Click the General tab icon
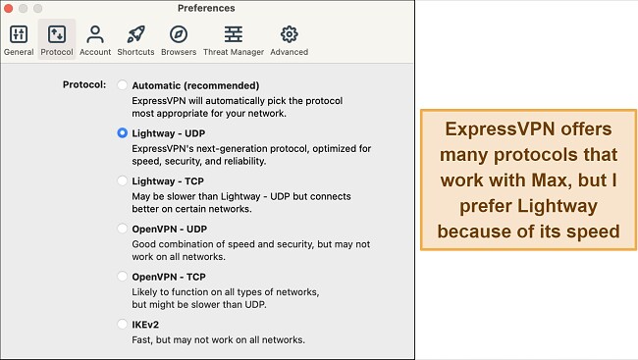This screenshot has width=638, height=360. point(18,35)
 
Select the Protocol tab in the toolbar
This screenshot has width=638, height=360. point(57,35)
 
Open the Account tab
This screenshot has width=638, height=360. point(95,35)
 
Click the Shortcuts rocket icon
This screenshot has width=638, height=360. point(135,35)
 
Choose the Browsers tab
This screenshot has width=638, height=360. point(179,35)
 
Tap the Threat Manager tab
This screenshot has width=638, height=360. point(233,35)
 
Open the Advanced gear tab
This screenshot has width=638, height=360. point(289,35)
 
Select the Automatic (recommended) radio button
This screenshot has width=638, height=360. point(122,85)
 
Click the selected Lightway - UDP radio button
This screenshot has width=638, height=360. point(122,132)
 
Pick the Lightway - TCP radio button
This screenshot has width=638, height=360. point(122,180)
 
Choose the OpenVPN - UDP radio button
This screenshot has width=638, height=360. point(122,229)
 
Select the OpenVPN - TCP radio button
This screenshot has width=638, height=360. point(122,277)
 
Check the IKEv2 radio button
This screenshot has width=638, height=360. point(122,325)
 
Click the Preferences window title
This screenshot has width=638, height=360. point(206,8)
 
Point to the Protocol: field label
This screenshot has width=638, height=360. point(83,85)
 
